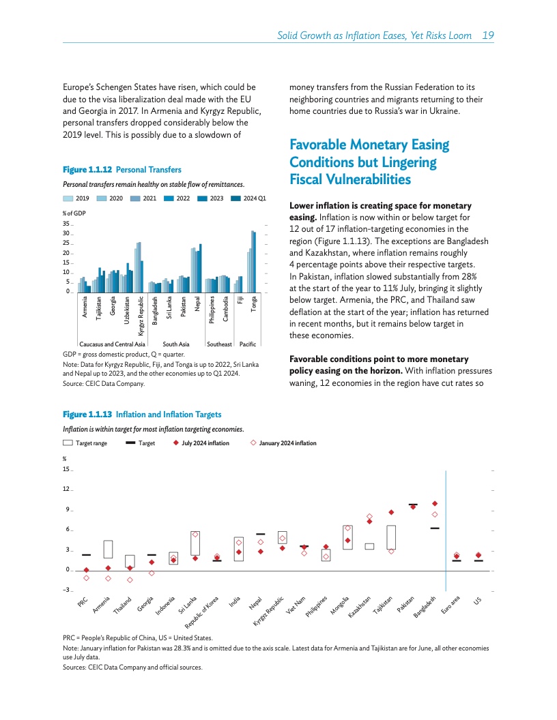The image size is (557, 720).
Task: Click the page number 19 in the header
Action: (488, 35)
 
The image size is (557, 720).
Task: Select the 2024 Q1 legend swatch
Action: (236, 199)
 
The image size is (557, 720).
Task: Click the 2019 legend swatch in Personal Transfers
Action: (69, 199)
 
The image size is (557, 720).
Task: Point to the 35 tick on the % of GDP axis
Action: (67, 224)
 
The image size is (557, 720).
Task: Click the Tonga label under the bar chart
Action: (254, 304)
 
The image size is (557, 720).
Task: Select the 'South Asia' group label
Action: (176, 345)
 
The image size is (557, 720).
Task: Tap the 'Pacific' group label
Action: (247, 345)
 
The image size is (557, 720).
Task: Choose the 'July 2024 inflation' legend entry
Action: (201, 443)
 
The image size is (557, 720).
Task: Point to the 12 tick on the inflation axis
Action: (66, 490)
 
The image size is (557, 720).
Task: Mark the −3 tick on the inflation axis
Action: (66, 590)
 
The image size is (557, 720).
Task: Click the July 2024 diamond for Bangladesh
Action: (435, 504)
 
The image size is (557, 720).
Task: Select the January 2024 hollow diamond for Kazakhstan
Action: (369, 516)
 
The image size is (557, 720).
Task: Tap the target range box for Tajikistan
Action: (391, 537)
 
